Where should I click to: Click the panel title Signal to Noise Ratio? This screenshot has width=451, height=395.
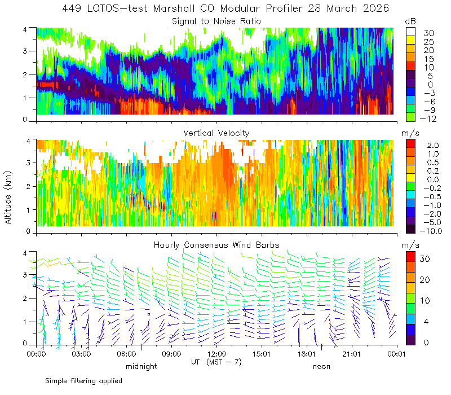pyautogui.click(x=216, y=21)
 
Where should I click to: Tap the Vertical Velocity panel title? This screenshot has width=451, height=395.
pyautogui.click(x=216, y=133)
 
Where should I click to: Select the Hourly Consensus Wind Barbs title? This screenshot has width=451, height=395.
pyautogui.click(x=216, y=245)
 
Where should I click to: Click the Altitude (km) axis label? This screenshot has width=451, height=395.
pyautogui.click(x=8, y=198)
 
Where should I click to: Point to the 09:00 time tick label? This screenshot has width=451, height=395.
pyautogui.click(x=171, y=354)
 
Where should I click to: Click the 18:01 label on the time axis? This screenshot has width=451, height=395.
pyautogui.click(x=307, y=354)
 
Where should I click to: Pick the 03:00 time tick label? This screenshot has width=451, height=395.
pyautogui.click(x=81, y=354)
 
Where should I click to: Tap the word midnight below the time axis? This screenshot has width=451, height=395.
pyautogui.click(x=142, y=366)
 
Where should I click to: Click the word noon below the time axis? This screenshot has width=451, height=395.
pyautogui.click(x=321, y=366)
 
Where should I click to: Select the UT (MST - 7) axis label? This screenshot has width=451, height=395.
pyautogui.click(x=216, y=362)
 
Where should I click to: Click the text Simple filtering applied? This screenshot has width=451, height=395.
pyautogui.click(x=83, y=381)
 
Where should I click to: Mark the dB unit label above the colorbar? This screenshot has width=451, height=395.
pyautogui.click(x=410, y=21)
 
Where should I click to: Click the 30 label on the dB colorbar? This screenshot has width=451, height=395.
pyautogui.click(x=428, y=33)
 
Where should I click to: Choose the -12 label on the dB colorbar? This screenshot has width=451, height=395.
pyautogui.click(x=428, y=118)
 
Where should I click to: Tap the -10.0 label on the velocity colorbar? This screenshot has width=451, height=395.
pyautogui.click(x=431, y=231)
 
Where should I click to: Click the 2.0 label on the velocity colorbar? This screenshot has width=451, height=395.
pyautogui.click(x=433, y=146)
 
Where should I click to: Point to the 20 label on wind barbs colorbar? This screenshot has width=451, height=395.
pyautogui.click(x=425, y=279)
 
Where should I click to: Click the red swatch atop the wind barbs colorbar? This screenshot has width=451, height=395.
pyautogui.click(x=410, y=257)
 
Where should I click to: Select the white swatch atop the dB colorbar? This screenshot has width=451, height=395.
pyautogui.click(x=410, y=32)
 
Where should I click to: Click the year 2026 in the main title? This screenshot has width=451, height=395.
pyautogui.click(x=376, y=8)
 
